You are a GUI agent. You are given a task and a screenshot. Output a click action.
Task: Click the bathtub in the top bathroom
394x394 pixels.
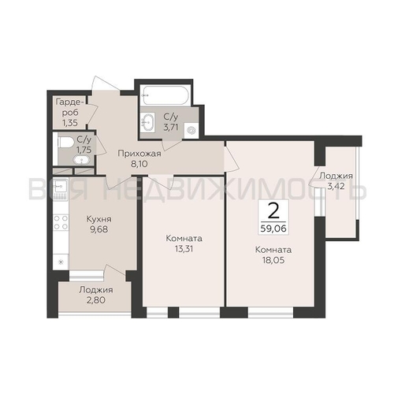165,95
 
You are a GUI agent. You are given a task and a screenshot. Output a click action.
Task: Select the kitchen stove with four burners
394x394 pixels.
61,222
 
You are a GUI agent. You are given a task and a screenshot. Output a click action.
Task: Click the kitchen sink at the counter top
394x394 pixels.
61,187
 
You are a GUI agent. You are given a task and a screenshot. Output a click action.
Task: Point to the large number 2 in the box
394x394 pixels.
273,213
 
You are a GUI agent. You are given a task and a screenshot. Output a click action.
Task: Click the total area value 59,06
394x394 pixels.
273,229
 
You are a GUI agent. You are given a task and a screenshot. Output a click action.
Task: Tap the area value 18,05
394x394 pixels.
273,260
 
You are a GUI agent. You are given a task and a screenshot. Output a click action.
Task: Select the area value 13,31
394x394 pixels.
184,248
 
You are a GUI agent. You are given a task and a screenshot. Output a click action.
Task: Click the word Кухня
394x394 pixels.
98,219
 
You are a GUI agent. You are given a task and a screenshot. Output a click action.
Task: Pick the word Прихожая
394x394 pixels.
139,154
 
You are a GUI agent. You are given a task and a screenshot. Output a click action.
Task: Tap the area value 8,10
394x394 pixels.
139,164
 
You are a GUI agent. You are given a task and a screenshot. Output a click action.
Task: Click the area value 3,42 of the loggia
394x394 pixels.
336,186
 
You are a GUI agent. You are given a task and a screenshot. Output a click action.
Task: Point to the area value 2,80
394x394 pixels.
96,299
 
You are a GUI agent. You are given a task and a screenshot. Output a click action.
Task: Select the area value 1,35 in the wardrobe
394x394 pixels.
70,123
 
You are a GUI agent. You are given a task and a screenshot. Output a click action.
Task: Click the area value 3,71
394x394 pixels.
171,127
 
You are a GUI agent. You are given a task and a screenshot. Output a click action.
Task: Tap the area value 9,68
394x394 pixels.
98,229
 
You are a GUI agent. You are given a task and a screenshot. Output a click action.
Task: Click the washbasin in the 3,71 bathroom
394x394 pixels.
148,122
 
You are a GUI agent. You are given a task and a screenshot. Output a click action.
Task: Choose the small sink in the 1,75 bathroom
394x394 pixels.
82,160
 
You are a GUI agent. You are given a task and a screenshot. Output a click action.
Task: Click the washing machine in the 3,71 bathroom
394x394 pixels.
191,130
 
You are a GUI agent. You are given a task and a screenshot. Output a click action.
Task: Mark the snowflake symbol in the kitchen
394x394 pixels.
61,262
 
